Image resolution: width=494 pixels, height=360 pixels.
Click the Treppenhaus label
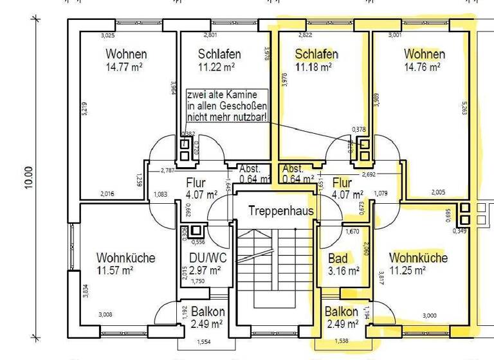point(281,211)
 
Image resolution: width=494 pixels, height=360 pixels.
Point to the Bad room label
point(338,258)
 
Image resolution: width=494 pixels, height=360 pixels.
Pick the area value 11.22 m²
point(217,66)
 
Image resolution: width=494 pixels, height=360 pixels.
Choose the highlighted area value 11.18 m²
point(313,66)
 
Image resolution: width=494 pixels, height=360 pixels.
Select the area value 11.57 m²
point(115,271)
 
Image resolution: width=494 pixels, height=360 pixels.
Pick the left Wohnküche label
point(125,258)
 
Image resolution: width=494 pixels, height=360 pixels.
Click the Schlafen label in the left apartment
point(219,54)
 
